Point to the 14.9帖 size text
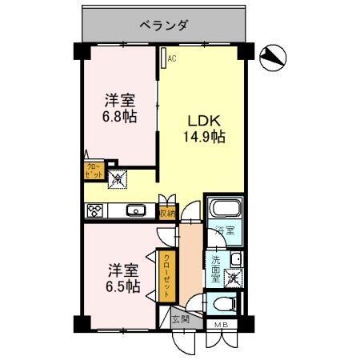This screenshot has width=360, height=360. pos(206,137)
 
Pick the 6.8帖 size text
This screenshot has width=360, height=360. pos(118,117)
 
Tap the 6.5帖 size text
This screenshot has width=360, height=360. pos(118,286)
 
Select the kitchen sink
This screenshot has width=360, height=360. pos(134,211)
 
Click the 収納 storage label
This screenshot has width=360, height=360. pos(166,213)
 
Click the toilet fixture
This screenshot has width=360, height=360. pos(223,303)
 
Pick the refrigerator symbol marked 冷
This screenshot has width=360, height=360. pos(117,181)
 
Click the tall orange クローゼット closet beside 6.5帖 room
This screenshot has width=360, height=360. pos(166,274)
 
